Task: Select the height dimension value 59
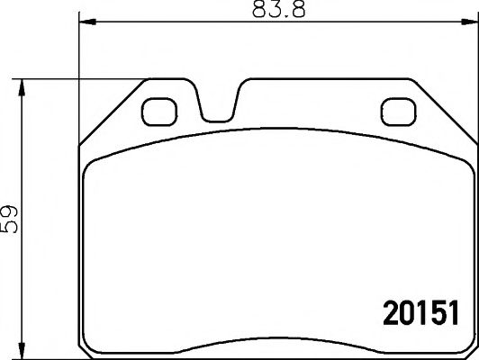click(12, 219)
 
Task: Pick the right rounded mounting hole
click(396, 112)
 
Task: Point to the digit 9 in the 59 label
click(12, 209)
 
